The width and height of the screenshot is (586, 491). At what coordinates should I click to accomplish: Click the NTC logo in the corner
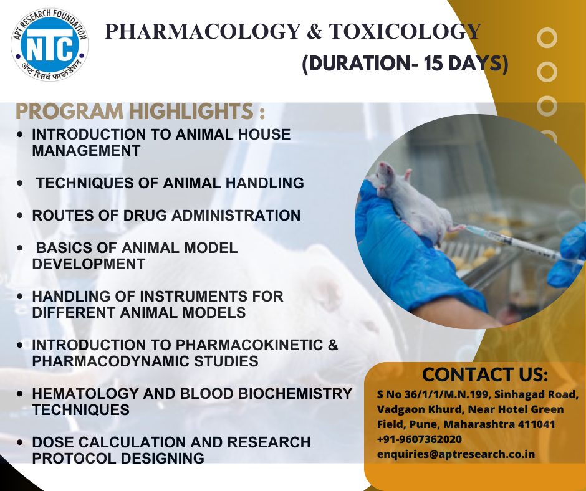coord(50,45)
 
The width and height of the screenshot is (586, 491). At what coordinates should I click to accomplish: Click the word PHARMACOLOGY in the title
coord(203,31)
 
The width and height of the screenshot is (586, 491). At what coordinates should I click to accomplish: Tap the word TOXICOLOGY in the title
coord(405,31)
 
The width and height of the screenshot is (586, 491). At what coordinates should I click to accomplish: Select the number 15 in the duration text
coord(433,63)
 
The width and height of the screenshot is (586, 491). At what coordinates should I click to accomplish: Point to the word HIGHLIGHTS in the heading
coord(191,112)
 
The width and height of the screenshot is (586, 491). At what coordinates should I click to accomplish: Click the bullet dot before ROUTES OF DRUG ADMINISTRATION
coord(20,216)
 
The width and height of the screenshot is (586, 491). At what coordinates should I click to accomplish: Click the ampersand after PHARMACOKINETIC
coord(333,345)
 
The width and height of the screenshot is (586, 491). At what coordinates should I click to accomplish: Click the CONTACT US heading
coord(485,374)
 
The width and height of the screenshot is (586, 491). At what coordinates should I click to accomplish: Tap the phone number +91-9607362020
coord(420,439)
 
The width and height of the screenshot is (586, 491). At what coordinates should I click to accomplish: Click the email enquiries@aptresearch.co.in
coord(456,454)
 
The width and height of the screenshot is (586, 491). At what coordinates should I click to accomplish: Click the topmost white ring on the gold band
coord(547,38)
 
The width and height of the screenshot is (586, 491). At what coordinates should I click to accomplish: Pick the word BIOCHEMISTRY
coord(295,394)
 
